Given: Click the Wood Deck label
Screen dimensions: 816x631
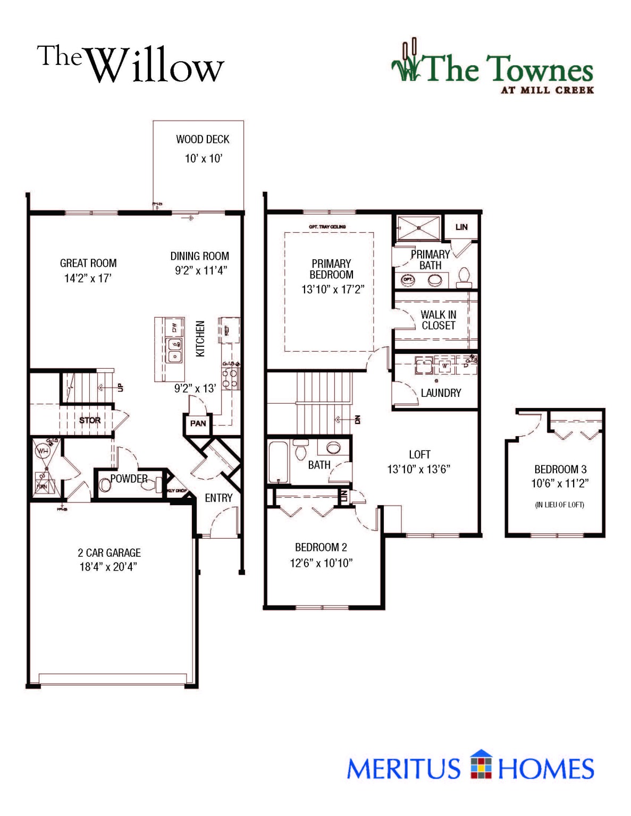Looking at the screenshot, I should point(203,139).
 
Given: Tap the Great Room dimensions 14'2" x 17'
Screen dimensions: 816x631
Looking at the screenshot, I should point(88,278).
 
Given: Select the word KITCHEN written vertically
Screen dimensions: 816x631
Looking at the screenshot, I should point(200,338).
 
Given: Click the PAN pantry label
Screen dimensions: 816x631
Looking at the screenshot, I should point(198,423).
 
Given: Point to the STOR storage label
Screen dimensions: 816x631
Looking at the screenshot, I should point(90,420).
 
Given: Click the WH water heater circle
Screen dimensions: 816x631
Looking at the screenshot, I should point(42,452).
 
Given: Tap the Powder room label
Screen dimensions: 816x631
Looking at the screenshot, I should point(129,479).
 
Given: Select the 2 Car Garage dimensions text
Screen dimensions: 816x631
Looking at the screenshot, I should point(108,567).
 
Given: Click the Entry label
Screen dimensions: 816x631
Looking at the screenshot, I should point(218,498).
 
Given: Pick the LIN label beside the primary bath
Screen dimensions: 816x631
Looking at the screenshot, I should point(461,227).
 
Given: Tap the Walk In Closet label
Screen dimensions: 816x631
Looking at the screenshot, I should point(438,320).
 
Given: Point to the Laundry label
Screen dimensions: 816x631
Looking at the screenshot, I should point(441,393).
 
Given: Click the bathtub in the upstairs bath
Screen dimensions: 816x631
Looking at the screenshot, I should point(279,462).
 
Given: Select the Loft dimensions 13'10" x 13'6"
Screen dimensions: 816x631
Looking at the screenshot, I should point(418,469).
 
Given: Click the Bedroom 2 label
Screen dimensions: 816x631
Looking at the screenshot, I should point(321,547).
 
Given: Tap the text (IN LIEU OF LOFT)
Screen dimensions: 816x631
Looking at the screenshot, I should point(559,505).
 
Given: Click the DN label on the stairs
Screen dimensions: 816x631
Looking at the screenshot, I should point(357,420).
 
